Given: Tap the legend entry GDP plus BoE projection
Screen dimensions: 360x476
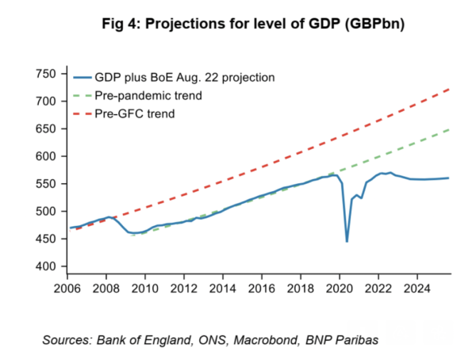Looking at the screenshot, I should pyautogui.click(x=171, y=77).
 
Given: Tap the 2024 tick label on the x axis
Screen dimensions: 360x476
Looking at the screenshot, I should pyautogui.click(x=416, y=289).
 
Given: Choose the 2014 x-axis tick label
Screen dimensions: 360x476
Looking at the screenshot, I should pyautogui.click(x=223, y=289).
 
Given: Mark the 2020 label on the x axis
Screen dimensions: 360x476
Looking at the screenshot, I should pyautogui.click(x=340, y=289).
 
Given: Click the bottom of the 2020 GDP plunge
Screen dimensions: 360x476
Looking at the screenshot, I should pyautogui.click(x=347, y=241).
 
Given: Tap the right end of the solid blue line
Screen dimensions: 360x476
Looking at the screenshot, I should pyautogui.click(x=449, y=178).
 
